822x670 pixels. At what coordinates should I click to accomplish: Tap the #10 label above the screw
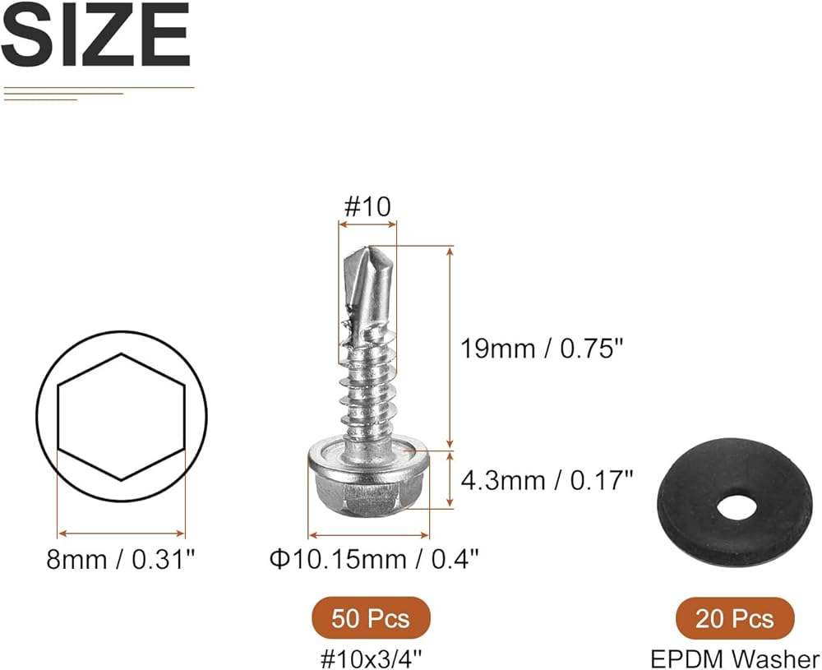(x=367, y=206)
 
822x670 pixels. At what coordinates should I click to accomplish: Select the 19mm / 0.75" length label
(x=543, y=348)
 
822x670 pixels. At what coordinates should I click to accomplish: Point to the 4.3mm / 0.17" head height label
(x=547, y=480)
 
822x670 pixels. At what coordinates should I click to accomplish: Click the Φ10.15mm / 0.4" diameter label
(x=374, y=559)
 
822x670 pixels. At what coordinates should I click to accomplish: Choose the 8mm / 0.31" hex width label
(x=121, y=559)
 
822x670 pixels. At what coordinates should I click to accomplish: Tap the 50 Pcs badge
(x=371, y=618)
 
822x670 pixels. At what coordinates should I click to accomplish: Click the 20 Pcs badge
(x=734, y=619)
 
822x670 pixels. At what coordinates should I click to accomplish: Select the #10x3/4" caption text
(x=372, y=658)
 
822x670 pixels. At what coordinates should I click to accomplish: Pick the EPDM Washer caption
(x=735, y=658)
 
